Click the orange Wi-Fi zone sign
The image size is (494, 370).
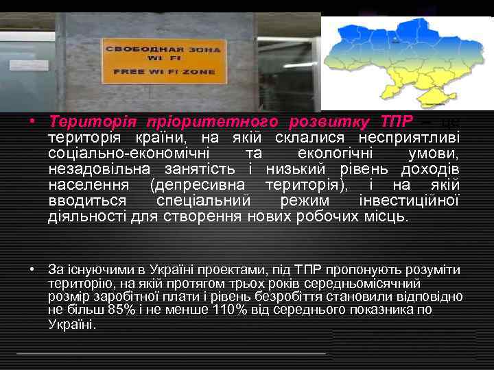pos(163,61)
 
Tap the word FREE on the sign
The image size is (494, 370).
pos(127,72)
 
